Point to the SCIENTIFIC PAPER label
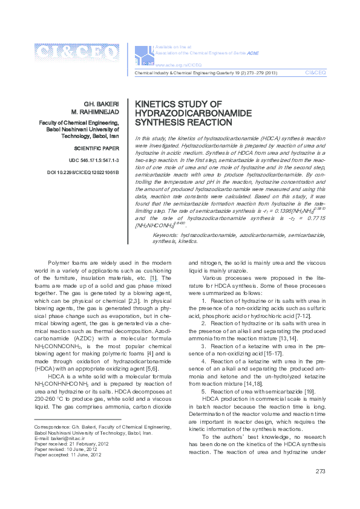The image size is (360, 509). pyautogui.click(x=96, y=148)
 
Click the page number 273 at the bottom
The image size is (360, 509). pyautogui.click(x=320, y=488)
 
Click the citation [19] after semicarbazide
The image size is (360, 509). pyautogui.click(x=309, y=391)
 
